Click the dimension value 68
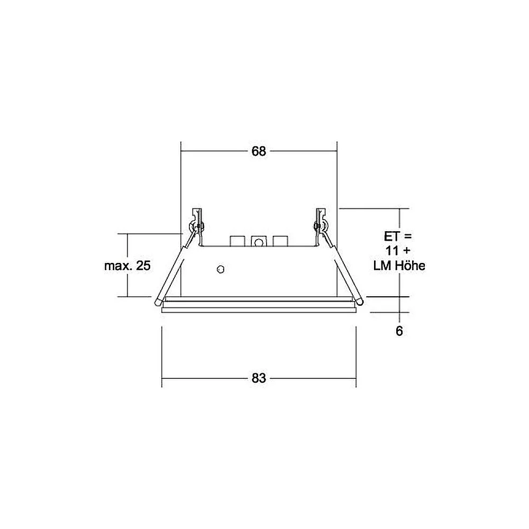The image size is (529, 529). (x=259, y=151)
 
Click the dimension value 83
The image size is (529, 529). (x=259, y=378)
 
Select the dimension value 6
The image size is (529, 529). (x=399, y=331)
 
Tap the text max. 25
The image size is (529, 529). (x=127, y=266)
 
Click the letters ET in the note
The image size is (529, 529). (x=391, y=236)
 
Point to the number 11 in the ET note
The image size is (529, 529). (x=392, y=251)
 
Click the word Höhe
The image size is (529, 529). (x=410, y=266)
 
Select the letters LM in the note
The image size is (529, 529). (x=382, y=266)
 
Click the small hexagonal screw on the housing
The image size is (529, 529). (x=221, y=269)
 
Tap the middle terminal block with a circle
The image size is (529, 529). (x=259, y=242)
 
